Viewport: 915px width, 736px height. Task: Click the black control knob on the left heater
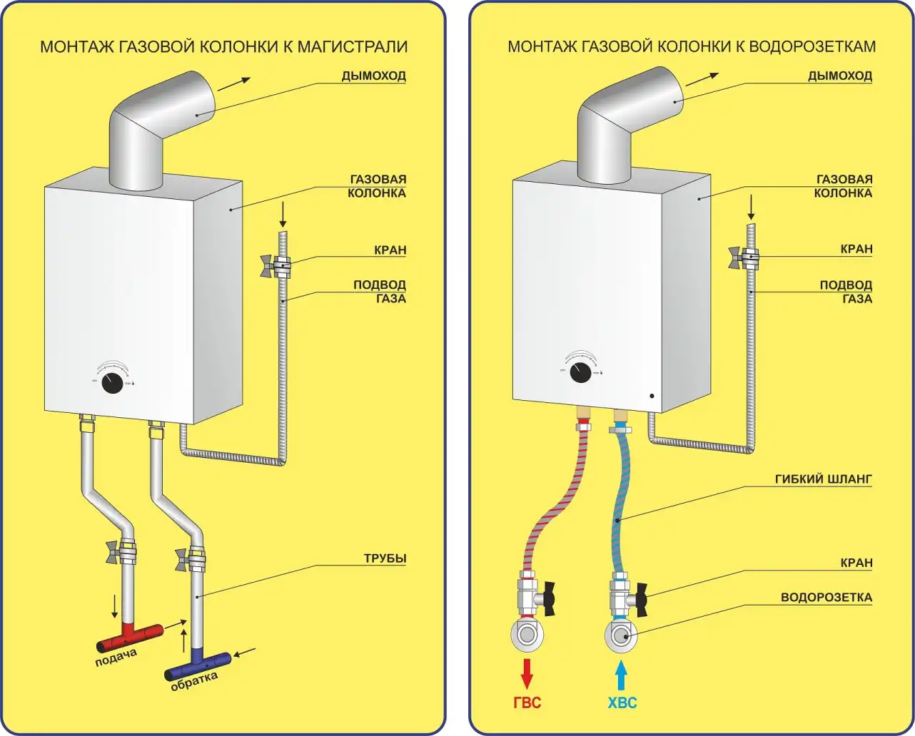tap(112, 383)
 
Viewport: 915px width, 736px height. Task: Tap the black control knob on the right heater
tap(580, 372)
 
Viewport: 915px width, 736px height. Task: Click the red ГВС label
tap(527, 702)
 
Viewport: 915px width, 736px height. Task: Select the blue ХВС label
tap(622, 702)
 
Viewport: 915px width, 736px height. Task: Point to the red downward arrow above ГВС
tap(527, 673)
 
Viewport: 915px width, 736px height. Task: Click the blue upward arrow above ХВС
tap(622, 672)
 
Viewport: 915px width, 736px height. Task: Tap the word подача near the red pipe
tap(116, 658)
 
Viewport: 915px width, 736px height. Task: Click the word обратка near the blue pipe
tap(194, 683)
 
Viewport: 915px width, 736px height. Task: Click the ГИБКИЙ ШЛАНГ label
tap(824, 479)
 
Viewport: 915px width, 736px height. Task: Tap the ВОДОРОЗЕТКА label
tap(826, 598)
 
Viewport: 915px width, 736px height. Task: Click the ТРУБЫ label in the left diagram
tap(385, 558)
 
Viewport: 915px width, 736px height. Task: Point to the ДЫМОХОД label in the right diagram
tap(840, 76)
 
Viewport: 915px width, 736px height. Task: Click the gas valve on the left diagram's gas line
tap(278, 265)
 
